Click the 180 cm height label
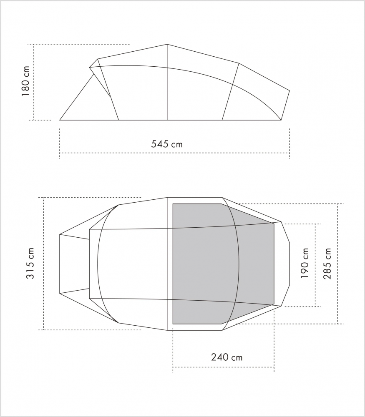pos(25,81)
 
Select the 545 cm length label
pos(167,144)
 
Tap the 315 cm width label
pos(30,263)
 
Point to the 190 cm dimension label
pos(305,263)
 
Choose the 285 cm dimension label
pos(327,263)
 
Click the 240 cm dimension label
pos(227,357)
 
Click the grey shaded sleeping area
pos(224,264)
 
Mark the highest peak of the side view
pos(167,44)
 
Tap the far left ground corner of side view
pos(60,120)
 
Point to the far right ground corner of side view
pos(281,120)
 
